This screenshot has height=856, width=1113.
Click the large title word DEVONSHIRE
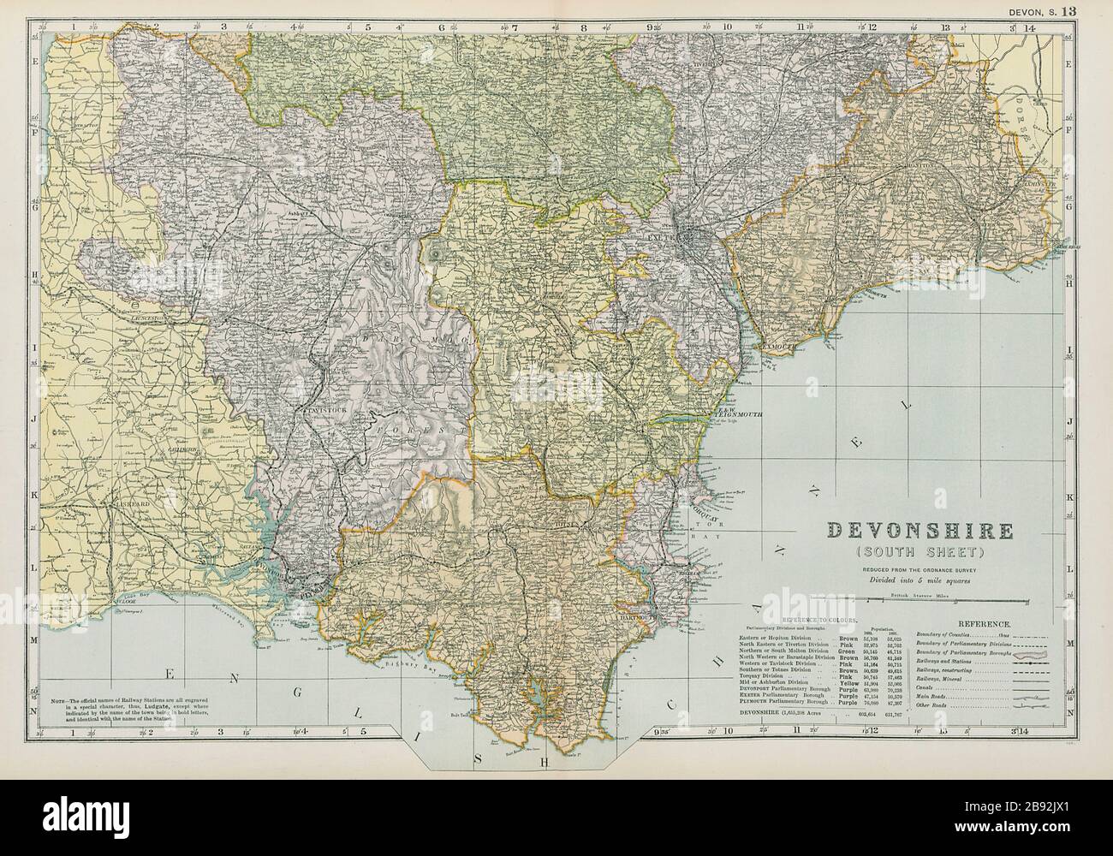pos(920,531)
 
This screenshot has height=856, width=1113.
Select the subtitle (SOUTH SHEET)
pos(920,550)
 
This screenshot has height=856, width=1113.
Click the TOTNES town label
pos(568,525)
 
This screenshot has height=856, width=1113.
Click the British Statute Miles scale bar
pos(920,599)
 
